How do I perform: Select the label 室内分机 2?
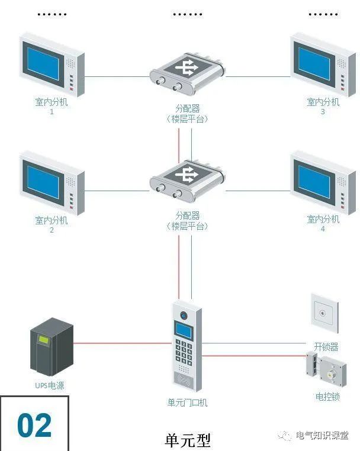click(x=52, y=224)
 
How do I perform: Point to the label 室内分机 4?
click(x=323, y=223)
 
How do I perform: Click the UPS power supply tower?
click(x=52, y=349)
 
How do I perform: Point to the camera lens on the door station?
click(x=184, y=315)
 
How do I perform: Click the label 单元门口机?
click(x=187, y=403)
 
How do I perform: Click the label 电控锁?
click(x=327, y=397)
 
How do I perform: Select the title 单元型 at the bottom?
click(x=187, y=440)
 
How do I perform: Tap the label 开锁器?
click(x=325, y=346)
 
